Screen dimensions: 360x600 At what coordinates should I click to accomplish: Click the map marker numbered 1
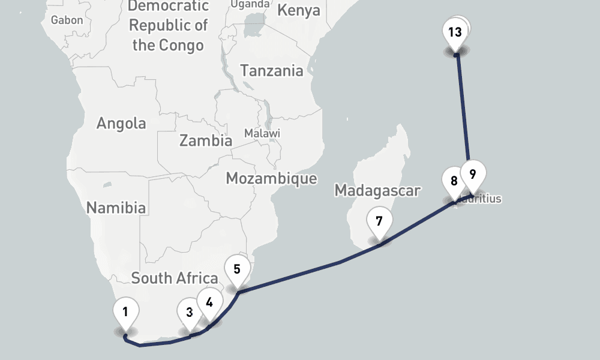click(x=126, y=312)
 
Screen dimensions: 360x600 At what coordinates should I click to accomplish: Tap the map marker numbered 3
click(x=188, y=313)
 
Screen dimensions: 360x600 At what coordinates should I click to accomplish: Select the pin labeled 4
click(x=209, y=302)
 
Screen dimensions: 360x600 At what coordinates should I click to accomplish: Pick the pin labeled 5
click(x=237, y=269)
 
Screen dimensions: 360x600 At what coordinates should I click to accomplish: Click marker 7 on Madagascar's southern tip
click(x=379, y=221)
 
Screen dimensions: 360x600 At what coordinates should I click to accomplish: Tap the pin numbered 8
click(x=454, y=181)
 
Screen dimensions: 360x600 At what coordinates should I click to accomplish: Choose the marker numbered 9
click(x=473, y=175)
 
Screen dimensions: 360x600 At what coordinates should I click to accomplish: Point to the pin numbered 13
click(x=455, y=32)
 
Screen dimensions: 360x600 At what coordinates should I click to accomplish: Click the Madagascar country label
click(x=377, y=190)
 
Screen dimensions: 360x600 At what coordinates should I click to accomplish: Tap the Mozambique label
click(x=271, y=178)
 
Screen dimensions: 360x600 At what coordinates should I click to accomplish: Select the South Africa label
click(x=174, y=278)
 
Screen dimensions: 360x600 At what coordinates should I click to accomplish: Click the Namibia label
click(x=116, y=208)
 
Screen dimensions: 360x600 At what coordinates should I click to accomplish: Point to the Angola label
click(x=121, y=124)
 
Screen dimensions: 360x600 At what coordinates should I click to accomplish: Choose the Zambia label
click(x=206, y=141)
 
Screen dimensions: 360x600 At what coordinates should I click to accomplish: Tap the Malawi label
click(x=262, y=133)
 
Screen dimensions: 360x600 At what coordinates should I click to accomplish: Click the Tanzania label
click(x=272, y=70)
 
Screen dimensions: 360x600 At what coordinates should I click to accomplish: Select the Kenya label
click(x=299, y=11)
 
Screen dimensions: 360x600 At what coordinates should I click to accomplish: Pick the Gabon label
click(x=67, y=20)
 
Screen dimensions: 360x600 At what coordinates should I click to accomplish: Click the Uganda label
click(x=250, y=4)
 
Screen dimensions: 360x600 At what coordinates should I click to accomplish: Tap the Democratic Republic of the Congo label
click(x=169, y=26)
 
